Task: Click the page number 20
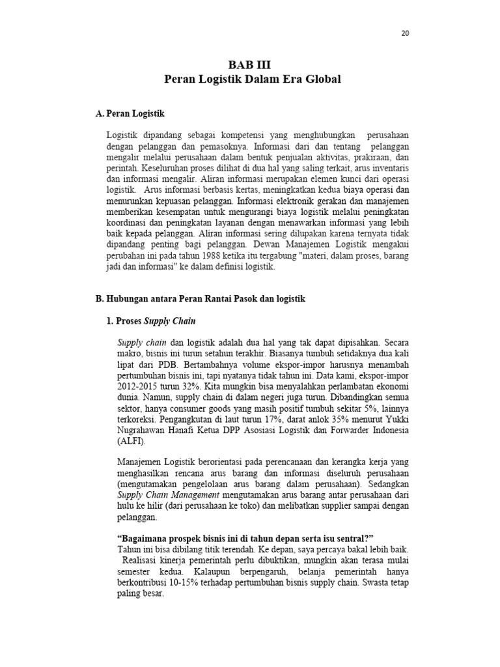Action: click(405, 33)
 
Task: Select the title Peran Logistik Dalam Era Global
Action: click(252, 79)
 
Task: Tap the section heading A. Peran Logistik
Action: click(130, 113)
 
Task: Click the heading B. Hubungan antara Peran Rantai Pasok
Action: click(200, 299)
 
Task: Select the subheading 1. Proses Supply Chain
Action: click(150, 321)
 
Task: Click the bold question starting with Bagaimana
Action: click(245, 539)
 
